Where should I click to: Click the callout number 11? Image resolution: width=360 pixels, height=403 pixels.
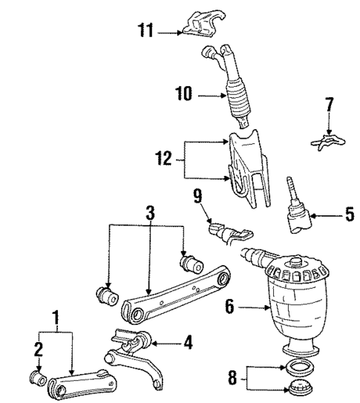pyautogui.click(x=146, y=30)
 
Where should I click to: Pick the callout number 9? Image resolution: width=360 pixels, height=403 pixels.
pyautogui.click(x=197, y=197)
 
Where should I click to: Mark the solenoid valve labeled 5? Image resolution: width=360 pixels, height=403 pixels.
pyautogui.click(x=297, y=212)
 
